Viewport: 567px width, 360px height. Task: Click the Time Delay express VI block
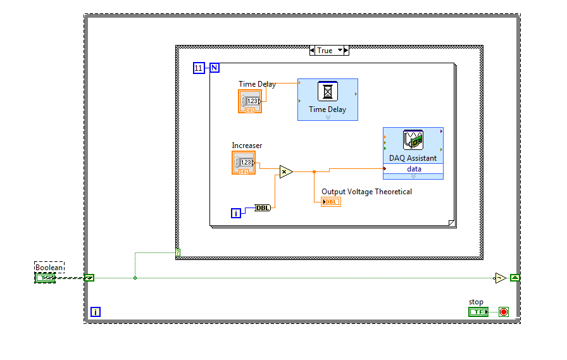328,99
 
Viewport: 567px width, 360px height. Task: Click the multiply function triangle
285,171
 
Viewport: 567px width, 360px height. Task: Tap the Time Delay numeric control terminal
250,101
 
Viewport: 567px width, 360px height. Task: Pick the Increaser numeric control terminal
244,163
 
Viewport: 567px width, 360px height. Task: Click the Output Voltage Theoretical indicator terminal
331,202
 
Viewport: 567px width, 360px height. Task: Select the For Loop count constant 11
199,68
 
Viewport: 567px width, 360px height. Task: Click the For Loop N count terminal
215,68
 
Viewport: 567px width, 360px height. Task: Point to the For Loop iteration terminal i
236,213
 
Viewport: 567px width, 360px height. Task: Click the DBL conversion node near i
262,208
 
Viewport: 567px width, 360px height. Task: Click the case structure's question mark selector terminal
178,253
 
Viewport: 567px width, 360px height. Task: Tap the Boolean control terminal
45,278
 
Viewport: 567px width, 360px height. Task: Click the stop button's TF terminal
478,312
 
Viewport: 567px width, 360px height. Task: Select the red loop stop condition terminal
503,312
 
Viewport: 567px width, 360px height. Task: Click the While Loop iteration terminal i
96,312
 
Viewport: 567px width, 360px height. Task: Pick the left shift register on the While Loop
89,278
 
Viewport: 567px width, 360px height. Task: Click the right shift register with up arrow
515,278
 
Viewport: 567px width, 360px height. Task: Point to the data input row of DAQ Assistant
413,169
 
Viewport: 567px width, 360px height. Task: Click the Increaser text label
247,146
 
